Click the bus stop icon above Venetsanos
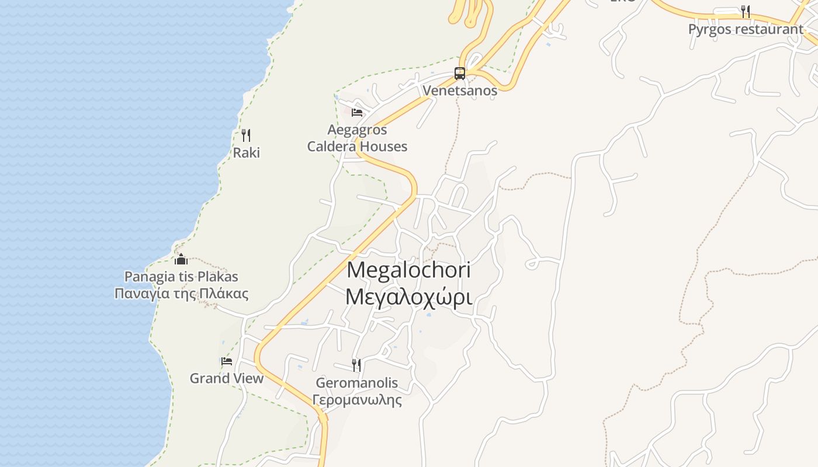point(460,74)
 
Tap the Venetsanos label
point(460,90)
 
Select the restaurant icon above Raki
point(246,135)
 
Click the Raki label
point(246,153)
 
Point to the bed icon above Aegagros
point(357,112)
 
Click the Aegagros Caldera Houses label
point(357,138)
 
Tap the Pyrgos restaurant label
point(746,29)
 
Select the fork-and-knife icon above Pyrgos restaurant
point(745,11)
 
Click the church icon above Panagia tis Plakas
point(181,259)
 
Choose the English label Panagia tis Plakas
point(181,276)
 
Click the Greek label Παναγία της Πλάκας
point(181,294)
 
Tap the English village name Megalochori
point(408,270)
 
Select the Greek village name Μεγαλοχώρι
point(408,297)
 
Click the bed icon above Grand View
point(227,361)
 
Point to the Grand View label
point(227,378)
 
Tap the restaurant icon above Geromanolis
point(356,365)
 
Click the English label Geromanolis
point(356,383)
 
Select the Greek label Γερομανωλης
point(356,400)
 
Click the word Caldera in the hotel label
point(331,147)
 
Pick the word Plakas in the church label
point(217,276)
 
